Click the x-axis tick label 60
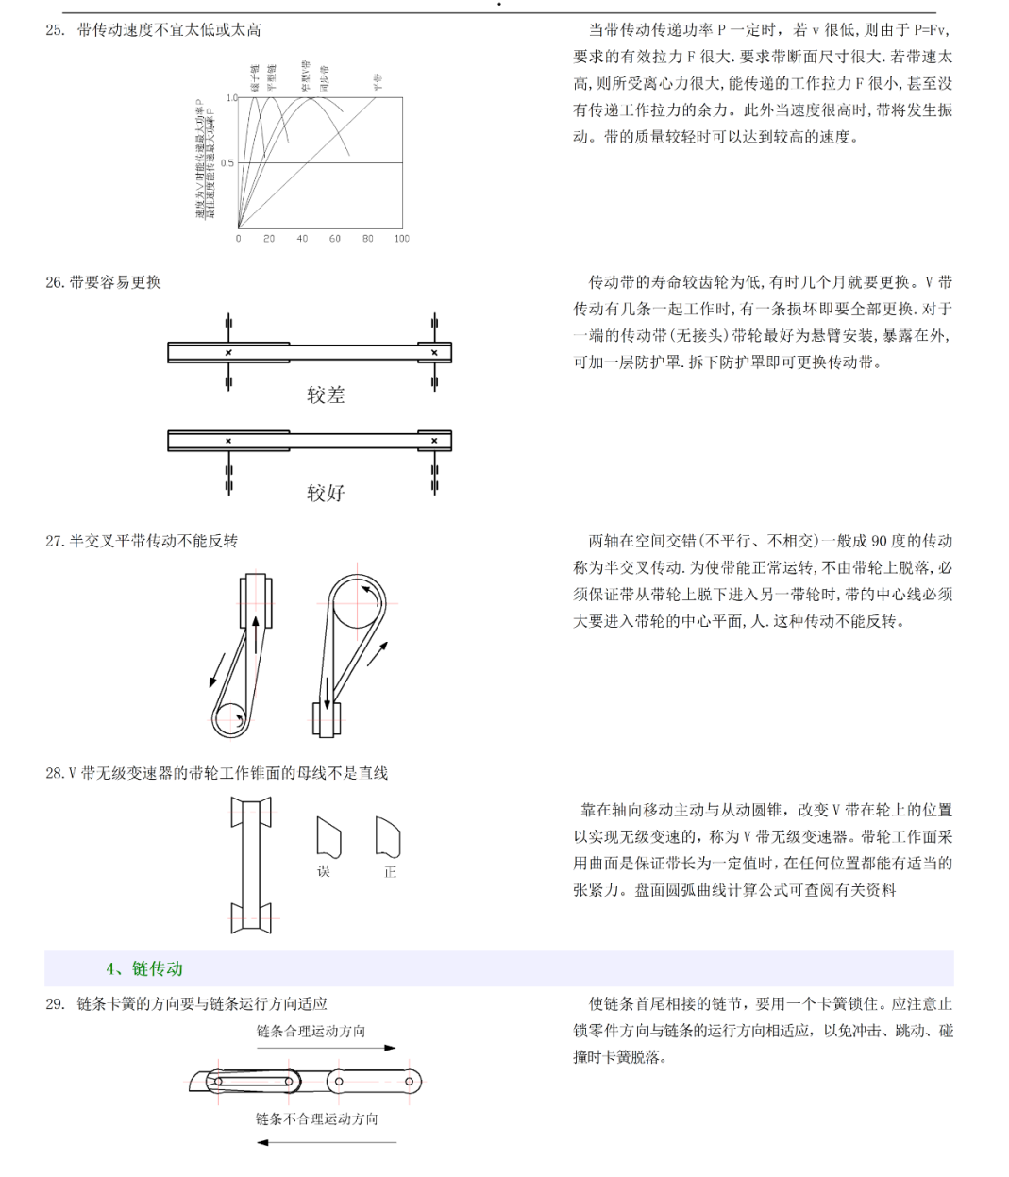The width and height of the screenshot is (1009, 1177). click(335, 239)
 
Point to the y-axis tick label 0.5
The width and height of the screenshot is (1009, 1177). click(227, 162)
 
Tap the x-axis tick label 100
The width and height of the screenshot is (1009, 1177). click(402, 239)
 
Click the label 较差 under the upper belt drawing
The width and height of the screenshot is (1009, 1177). click(326, 395)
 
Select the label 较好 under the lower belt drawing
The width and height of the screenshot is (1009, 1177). click(326, 493)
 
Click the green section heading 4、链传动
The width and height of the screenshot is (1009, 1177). click(144, 968)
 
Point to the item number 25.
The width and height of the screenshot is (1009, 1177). click(55, 30)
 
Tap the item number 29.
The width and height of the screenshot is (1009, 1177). click(55, 1004)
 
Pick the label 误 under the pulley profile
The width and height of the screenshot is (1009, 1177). click(324, 872)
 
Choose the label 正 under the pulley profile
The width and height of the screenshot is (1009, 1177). click(390, 872)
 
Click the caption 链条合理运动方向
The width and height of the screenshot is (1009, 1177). click(311, 1032)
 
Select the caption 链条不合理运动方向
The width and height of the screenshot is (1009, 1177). click(316, 1119)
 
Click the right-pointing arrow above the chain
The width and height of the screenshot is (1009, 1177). click(326, 1048)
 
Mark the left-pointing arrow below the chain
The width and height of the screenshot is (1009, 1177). click(326, 1143)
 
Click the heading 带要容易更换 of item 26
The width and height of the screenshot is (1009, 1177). click(115, 282)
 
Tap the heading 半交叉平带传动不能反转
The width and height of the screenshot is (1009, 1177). click(154, 541)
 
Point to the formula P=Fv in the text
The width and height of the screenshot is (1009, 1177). click(930, 30)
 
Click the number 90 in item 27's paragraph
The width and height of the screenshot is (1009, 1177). click(879, 541)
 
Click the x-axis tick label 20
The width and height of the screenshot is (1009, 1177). click(269, 239)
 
